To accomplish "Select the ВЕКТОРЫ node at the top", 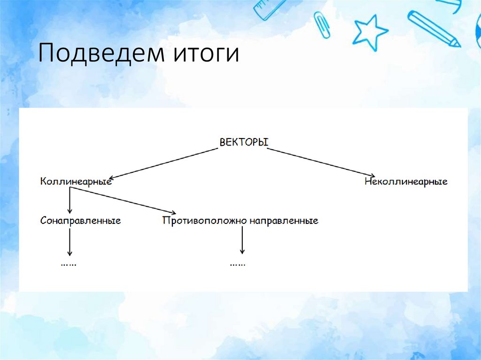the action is (243, 142).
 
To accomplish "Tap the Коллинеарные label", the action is (76, 181).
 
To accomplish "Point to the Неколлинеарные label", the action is (406, 182).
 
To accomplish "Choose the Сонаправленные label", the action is (80, 220).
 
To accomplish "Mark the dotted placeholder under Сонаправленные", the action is (69, 265).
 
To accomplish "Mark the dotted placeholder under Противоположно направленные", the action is (237, 265).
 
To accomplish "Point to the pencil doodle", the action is (434, 28).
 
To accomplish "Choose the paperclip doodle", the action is (322, 23).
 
